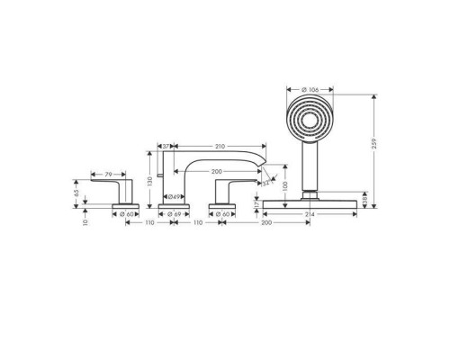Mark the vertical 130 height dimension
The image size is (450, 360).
pos(149,180)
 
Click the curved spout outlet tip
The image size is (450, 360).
pos(265,169)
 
